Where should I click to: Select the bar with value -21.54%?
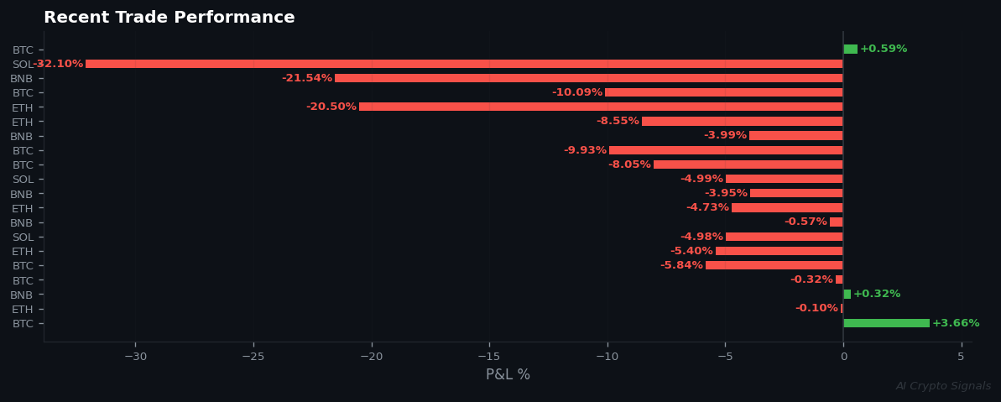[x=588, y=78]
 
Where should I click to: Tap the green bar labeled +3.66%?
[x=886, y=323]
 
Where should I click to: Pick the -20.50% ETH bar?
[x=601, y=107]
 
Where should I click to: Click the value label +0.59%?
[x=884, y=49]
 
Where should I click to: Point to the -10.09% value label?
[x=577, y=92]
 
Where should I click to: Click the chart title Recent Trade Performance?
[x=169, y=18]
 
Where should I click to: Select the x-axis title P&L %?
[x=508, y=374]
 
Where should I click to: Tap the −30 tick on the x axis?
[x=135, y=357]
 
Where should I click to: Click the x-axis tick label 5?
[x=961, y=357]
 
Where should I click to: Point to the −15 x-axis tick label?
[x=489, y=357]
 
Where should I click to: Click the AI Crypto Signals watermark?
[x=943, y=386]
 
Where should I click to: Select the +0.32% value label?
[x=877, y=294]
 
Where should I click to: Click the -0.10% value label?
[x=816, y=308]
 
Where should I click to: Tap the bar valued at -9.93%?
[x=726, y=150]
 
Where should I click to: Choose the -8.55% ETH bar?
[x=742, y=121]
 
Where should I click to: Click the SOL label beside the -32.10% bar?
[x=22, y=65]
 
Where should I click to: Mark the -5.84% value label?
[x=681, y=265]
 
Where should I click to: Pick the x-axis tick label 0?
[x=843, y=357]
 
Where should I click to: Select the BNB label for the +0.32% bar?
[x=22, y=295]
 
